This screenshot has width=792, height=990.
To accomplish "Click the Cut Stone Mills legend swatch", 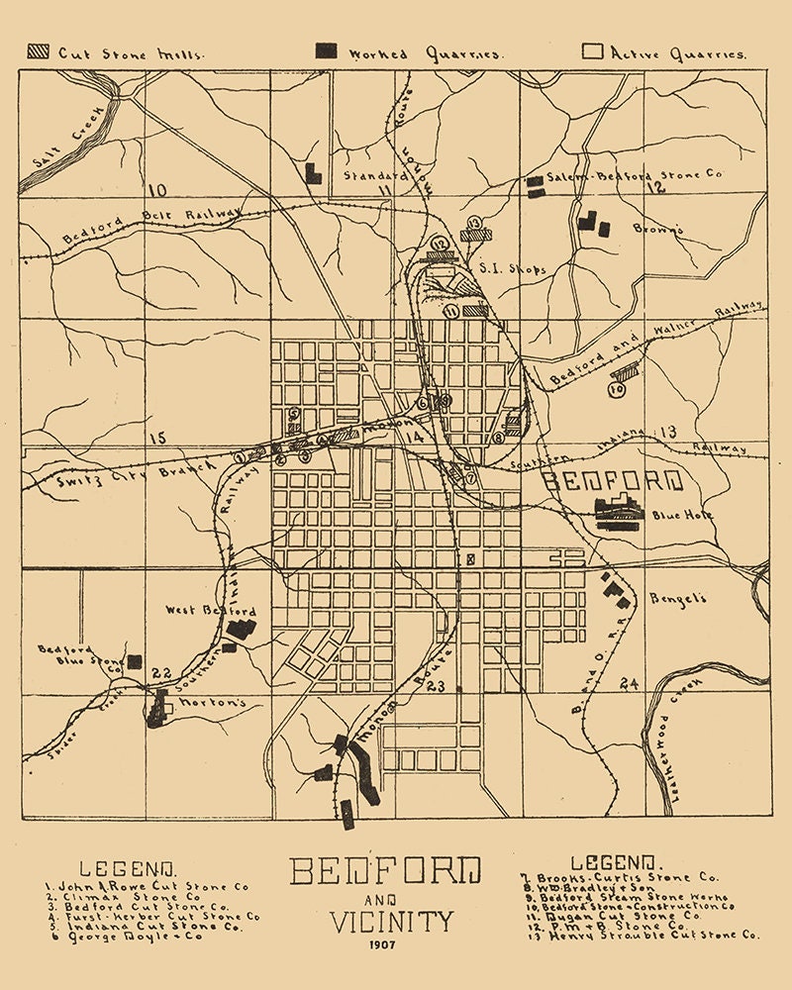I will pyautogui.click(x=40, y=51).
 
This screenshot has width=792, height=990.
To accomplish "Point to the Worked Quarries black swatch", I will pyautogui.click(x=324, y=51).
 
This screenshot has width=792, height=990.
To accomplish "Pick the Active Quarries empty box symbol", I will pyautogui.click(x=592, y=51).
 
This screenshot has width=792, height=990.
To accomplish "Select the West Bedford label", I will pyautogui.click(x=197, y=612).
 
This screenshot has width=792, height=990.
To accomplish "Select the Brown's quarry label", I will pyautogui.click(x=656, y=230).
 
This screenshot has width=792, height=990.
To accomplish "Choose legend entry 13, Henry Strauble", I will pyautogui.click(x=639, y=934).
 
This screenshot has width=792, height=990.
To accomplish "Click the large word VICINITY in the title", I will pyautogui.click(x=392, y=922).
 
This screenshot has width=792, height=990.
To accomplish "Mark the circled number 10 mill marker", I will pyautogui.click(x=617, y=390).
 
